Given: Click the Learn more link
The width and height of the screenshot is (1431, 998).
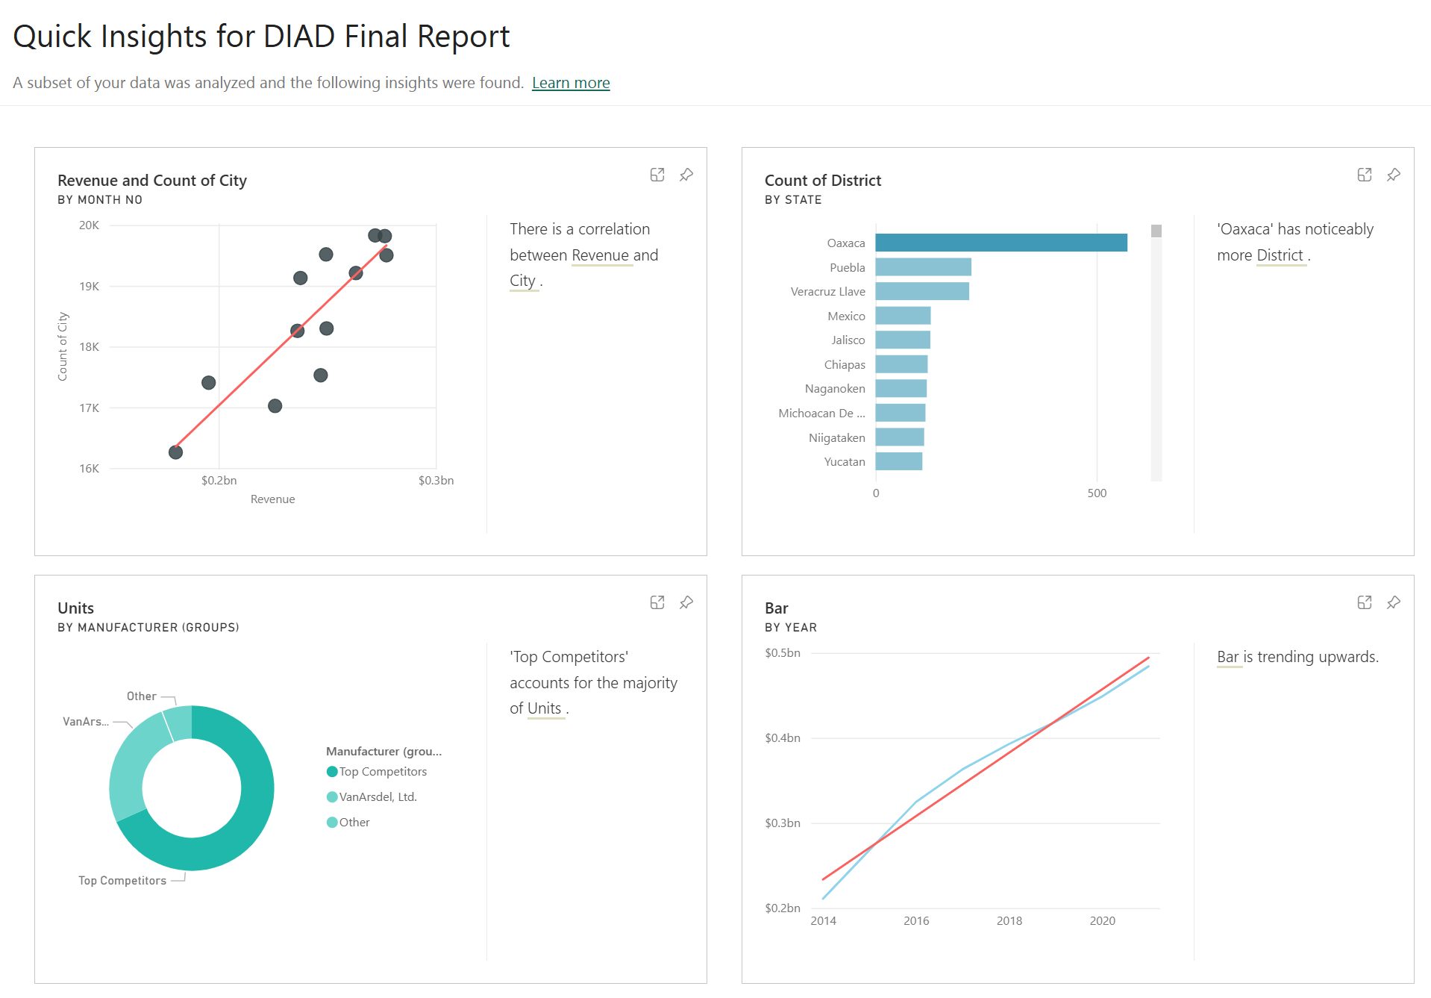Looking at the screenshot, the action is point(571,83).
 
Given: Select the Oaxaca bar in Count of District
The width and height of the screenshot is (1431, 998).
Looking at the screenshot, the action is point(1001,243).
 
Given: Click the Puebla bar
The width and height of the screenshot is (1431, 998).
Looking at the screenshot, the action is point(924,267).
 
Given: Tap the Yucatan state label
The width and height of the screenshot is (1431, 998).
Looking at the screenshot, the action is point(845,462).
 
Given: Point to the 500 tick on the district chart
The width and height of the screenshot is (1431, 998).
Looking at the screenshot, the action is point(1097,493).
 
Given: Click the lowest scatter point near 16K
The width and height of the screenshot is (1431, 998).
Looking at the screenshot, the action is point(176,452).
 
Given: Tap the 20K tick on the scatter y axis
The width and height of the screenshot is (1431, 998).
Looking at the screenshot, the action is point(89,225).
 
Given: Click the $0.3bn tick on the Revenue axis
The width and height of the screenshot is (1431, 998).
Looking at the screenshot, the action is point(436,481).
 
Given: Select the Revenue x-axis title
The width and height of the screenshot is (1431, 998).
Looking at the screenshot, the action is point(272,499).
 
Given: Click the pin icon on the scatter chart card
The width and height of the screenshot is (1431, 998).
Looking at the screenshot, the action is point(686,175).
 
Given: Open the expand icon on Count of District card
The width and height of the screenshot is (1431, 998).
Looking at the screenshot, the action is point(1365,175).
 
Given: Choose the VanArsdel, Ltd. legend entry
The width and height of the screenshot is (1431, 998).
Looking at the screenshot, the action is point(372,797).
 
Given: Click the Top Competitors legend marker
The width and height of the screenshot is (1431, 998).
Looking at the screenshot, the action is point(332,772).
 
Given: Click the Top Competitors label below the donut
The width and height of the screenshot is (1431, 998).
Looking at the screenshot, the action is point(122,881).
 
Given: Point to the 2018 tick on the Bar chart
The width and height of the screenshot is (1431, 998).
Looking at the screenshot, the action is point(1009,921).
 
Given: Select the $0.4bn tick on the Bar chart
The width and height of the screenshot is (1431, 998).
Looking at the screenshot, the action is point(783,738).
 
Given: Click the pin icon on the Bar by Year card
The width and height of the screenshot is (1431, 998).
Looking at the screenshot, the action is point(1394,602).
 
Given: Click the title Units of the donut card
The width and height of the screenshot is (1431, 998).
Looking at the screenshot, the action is point(76,608).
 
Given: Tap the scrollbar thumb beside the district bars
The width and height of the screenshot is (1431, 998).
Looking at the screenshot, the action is point(1156,231).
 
